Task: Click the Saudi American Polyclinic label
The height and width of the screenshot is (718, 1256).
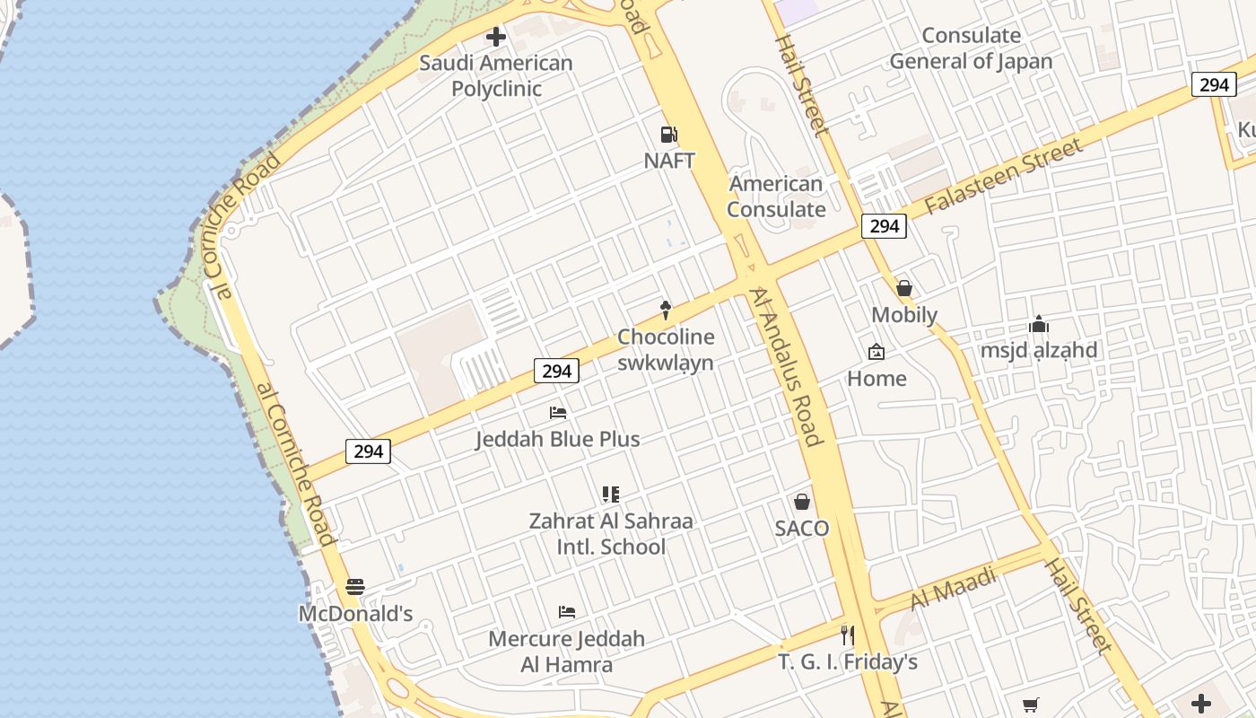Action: click(x=495, y=76)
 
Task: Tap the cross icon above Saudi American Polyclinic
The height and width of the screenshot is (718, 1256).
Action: click(x=495, y=37)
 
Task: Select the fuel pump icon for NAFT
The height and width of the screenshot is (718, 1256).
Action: click(x=668, y=135)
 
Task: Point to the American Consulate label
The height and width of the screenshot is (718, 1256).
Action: click(x=776, y=197)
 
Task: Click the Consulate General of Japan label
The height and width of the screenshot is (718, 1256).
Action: click(x=971, y=48)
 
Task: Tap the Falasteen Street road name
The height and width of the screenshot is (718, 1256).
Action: click(x=1003, y=176)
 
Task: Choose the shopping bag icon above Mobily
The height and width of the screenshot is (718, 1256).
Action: click(x=904, y=288)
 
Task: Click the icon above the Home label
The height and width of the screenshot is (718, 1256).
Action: click(x=877, y=352)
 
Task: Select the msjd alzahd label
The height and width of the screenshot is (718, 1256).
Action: click(x=1038, y=350)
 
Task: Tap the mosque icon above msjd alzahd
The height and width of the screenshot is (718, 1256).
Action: click(x=1039, y=324)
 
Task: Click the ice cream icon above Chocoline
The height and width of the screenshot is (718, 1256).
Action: click(x=666, y=311)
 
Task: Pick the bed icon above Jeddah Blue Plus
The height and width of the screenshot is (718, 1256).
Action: click(x=558, y=413)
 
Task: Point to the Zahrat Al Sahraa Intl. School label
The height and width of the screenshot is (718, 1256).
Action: click(x=610, y=534)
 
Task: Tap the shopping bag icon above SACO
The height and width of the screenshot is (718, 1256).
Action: click(x=802, y=502)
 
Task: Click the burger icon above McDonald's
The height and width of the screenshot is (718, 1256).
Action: click(x=355, y=587)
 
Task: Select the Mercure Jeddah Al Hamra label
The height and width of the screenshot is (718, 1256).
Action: click(x=567, y=652)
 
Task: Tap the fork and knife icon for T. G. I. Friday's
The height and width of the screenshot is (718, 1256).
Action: click(x=847, y=635)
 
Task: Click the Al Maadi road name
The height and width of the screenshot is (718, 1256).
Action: click(x=954, y=589)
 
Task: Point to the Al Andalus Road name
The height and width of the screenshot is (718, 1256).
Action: click(x=787, y=367)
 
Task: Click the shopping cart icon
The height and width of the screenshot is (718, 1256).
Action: click(x=1031, y=705)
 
